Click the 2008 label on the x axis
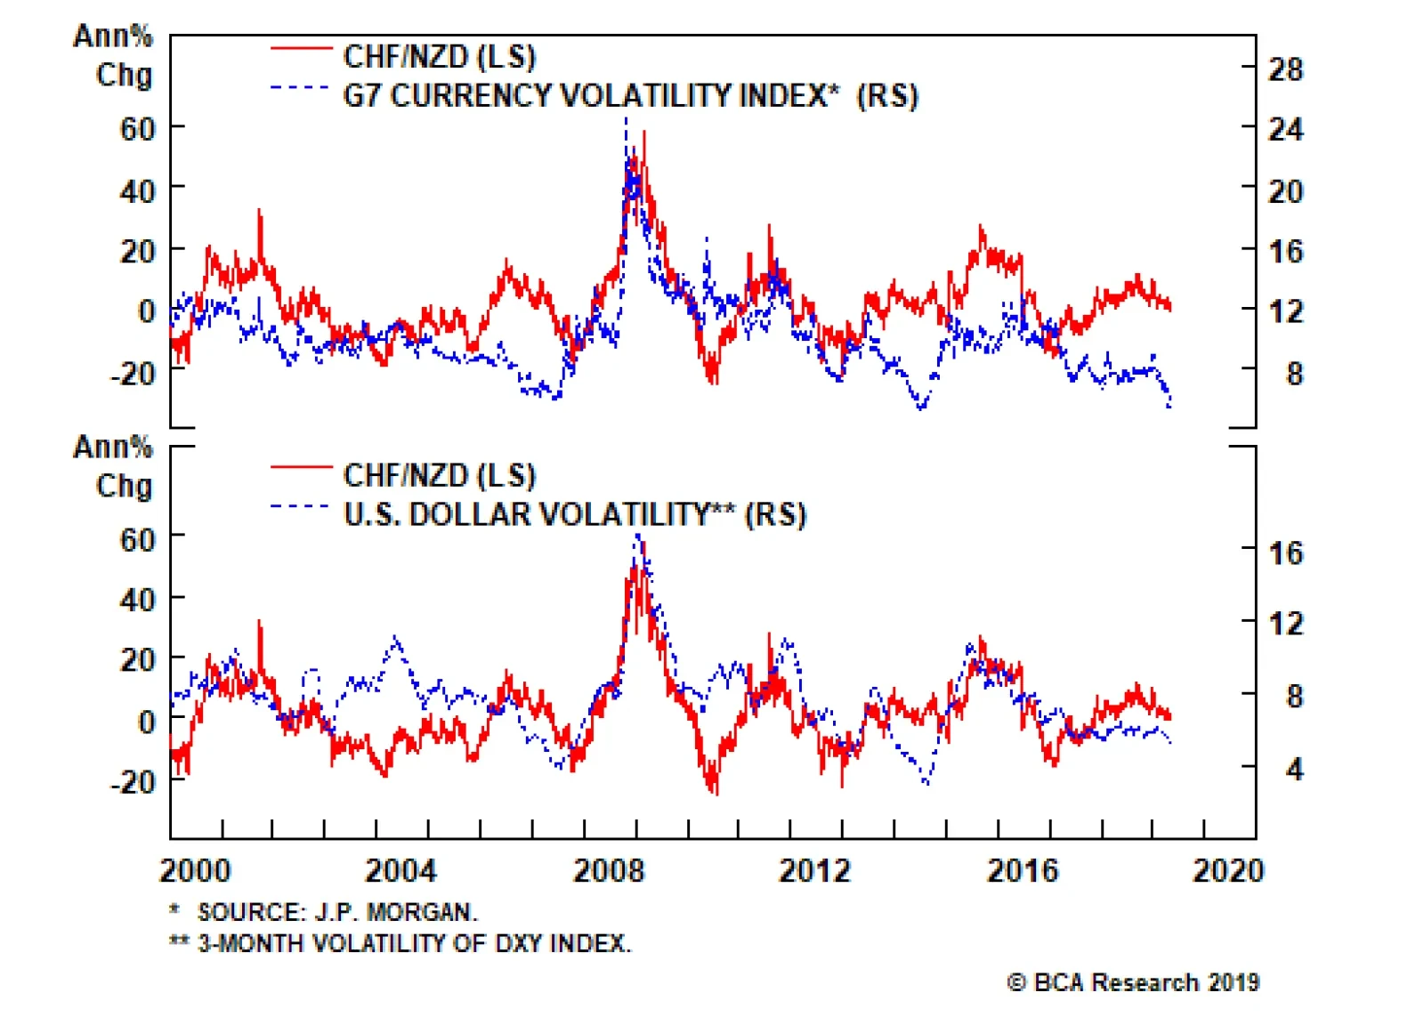point(608,870)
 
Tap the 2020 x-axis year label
point(1228,870)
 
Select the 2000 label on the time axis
point(195,870)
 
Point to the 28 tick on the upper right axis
point(1285,69)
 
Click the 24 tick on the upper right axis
point(1285,129)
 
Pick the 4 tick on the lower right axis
point(1294,768)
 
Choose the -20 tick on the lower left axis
point(133,781)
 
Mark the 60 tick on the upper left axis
point(138,129)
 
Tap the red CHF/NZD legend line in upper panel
point(301,48)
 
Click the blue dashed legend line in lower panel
point(301,506)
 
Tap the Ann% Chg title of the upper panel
point(114,55)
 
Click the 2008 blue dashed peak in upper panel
point(626,119)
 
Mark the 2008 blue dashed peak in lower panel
point(637,535)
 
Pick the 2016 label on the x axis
point(1022,870)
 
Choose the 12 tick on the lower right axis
point(1285,623)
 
